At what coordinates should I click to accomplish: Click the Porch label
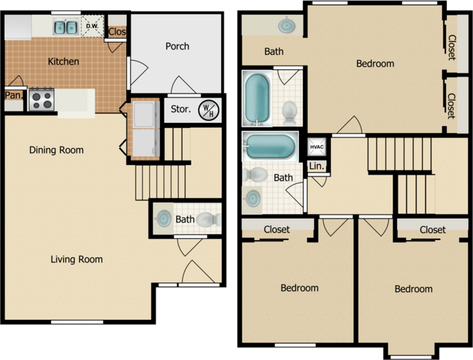point(177,46)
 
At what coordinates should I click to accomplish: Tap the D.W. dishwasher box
point(92,26)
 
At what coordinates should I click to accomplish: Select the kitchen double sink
point(65,27)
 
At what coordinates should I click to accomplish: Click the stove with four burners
point(42,100)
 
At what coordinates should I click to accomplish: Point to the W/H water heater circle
point(208,110)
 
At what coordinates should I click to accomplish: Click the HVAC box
point(317,147)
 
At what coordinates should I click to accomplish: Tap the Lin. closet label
point(316,166)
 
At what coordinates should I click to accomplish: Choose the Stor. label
point(181,109)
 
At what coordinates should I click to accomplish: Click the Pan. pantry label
point(14,96)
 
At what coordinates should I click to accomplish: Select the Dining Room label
point(56,150)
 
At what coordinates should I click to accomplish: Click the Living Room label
point(77,259)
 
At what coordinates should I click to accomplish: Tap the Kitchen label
point(63,61)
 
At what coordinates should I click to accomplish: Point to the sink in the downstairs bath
point(163,218)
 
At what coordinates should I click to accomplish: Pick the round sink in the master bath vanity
point(286,25)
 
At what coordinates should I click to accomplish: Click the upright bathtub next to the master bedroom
point(257,99)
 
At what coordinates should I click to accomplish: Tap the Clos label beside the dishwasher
point(117,32)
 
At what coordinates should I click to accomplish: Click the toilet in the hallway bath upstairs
point(255,175)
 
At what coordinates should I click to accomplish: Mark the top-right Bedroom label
point(375,64)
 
